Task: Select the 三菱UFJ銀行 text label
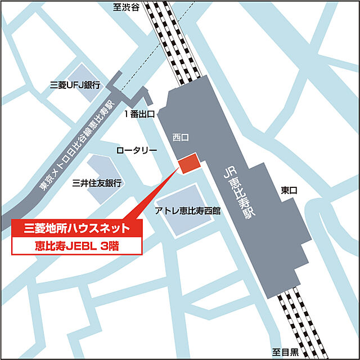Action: click(75, 85)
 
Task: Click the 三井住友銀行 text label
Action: click(97, 183)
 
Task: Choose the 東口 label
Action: click(289, 191)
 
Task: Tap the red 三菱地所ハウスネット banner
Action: click(78, 228)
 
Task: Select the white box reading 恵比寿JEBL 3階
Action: click(78, 245)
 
